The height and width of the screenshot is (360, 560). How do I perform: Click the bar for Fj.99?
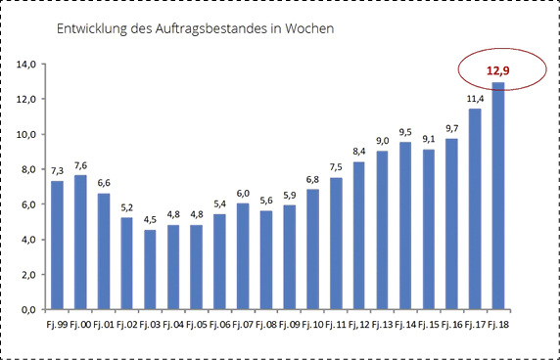pos(57,245)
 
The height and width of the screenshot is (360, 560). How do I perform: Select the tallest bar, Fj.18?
pos(498,196)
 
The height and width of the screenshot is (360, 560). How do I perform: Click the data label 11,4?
pos(475,98)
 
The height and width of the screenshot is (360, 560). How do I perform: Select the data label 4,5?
pos(150,219)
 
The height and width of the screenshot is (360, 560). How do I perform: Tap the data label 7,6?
pos(80,164)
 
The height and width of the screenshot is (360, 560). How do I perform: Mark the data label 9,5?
pos(405,131)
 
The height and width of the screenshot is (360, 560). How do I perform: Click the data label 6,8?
pos(312,179)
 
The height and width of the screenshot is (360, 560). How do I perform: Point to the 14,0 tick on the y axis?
pos(26,65)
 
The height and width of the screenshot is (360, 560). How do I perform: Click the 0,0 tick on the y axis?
pos(28,309)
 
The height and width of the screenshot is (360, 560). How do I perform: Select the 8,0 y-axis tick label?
pos(28,169)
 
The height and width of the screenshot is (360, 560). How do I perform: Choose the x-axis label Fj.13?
pos(382,323)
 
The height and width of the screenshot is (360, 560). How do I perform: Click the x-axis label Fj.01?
pos(104,323)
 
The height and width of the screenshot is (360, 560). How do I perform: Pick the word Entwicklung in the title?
pos(86,29)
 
